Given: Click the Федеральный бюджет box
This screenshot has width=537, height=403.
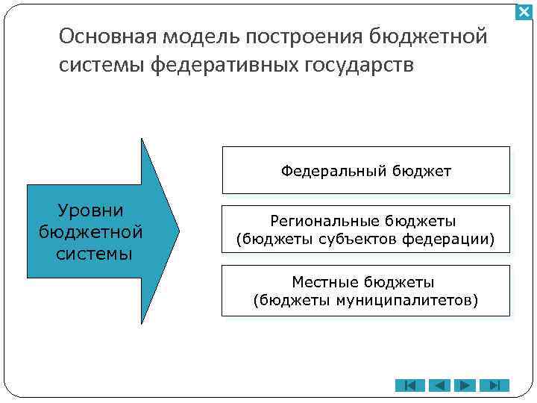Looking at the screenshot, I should click(365, 171).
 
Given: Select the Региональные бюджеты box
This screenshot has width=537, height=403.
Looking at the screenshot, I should click(365, 231).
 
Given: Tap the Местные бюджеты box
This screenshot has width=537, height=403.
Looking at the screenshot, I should click(365, 291).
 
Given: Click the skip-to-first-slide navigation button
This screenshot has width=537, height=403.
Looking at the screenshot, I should click(409, 385).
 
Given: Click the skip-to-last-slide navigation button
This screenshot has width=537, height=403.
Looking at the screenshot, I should click(494, 385).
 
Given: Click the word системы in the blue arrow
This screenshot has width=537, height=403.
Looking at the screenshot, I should click(94, 253).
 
